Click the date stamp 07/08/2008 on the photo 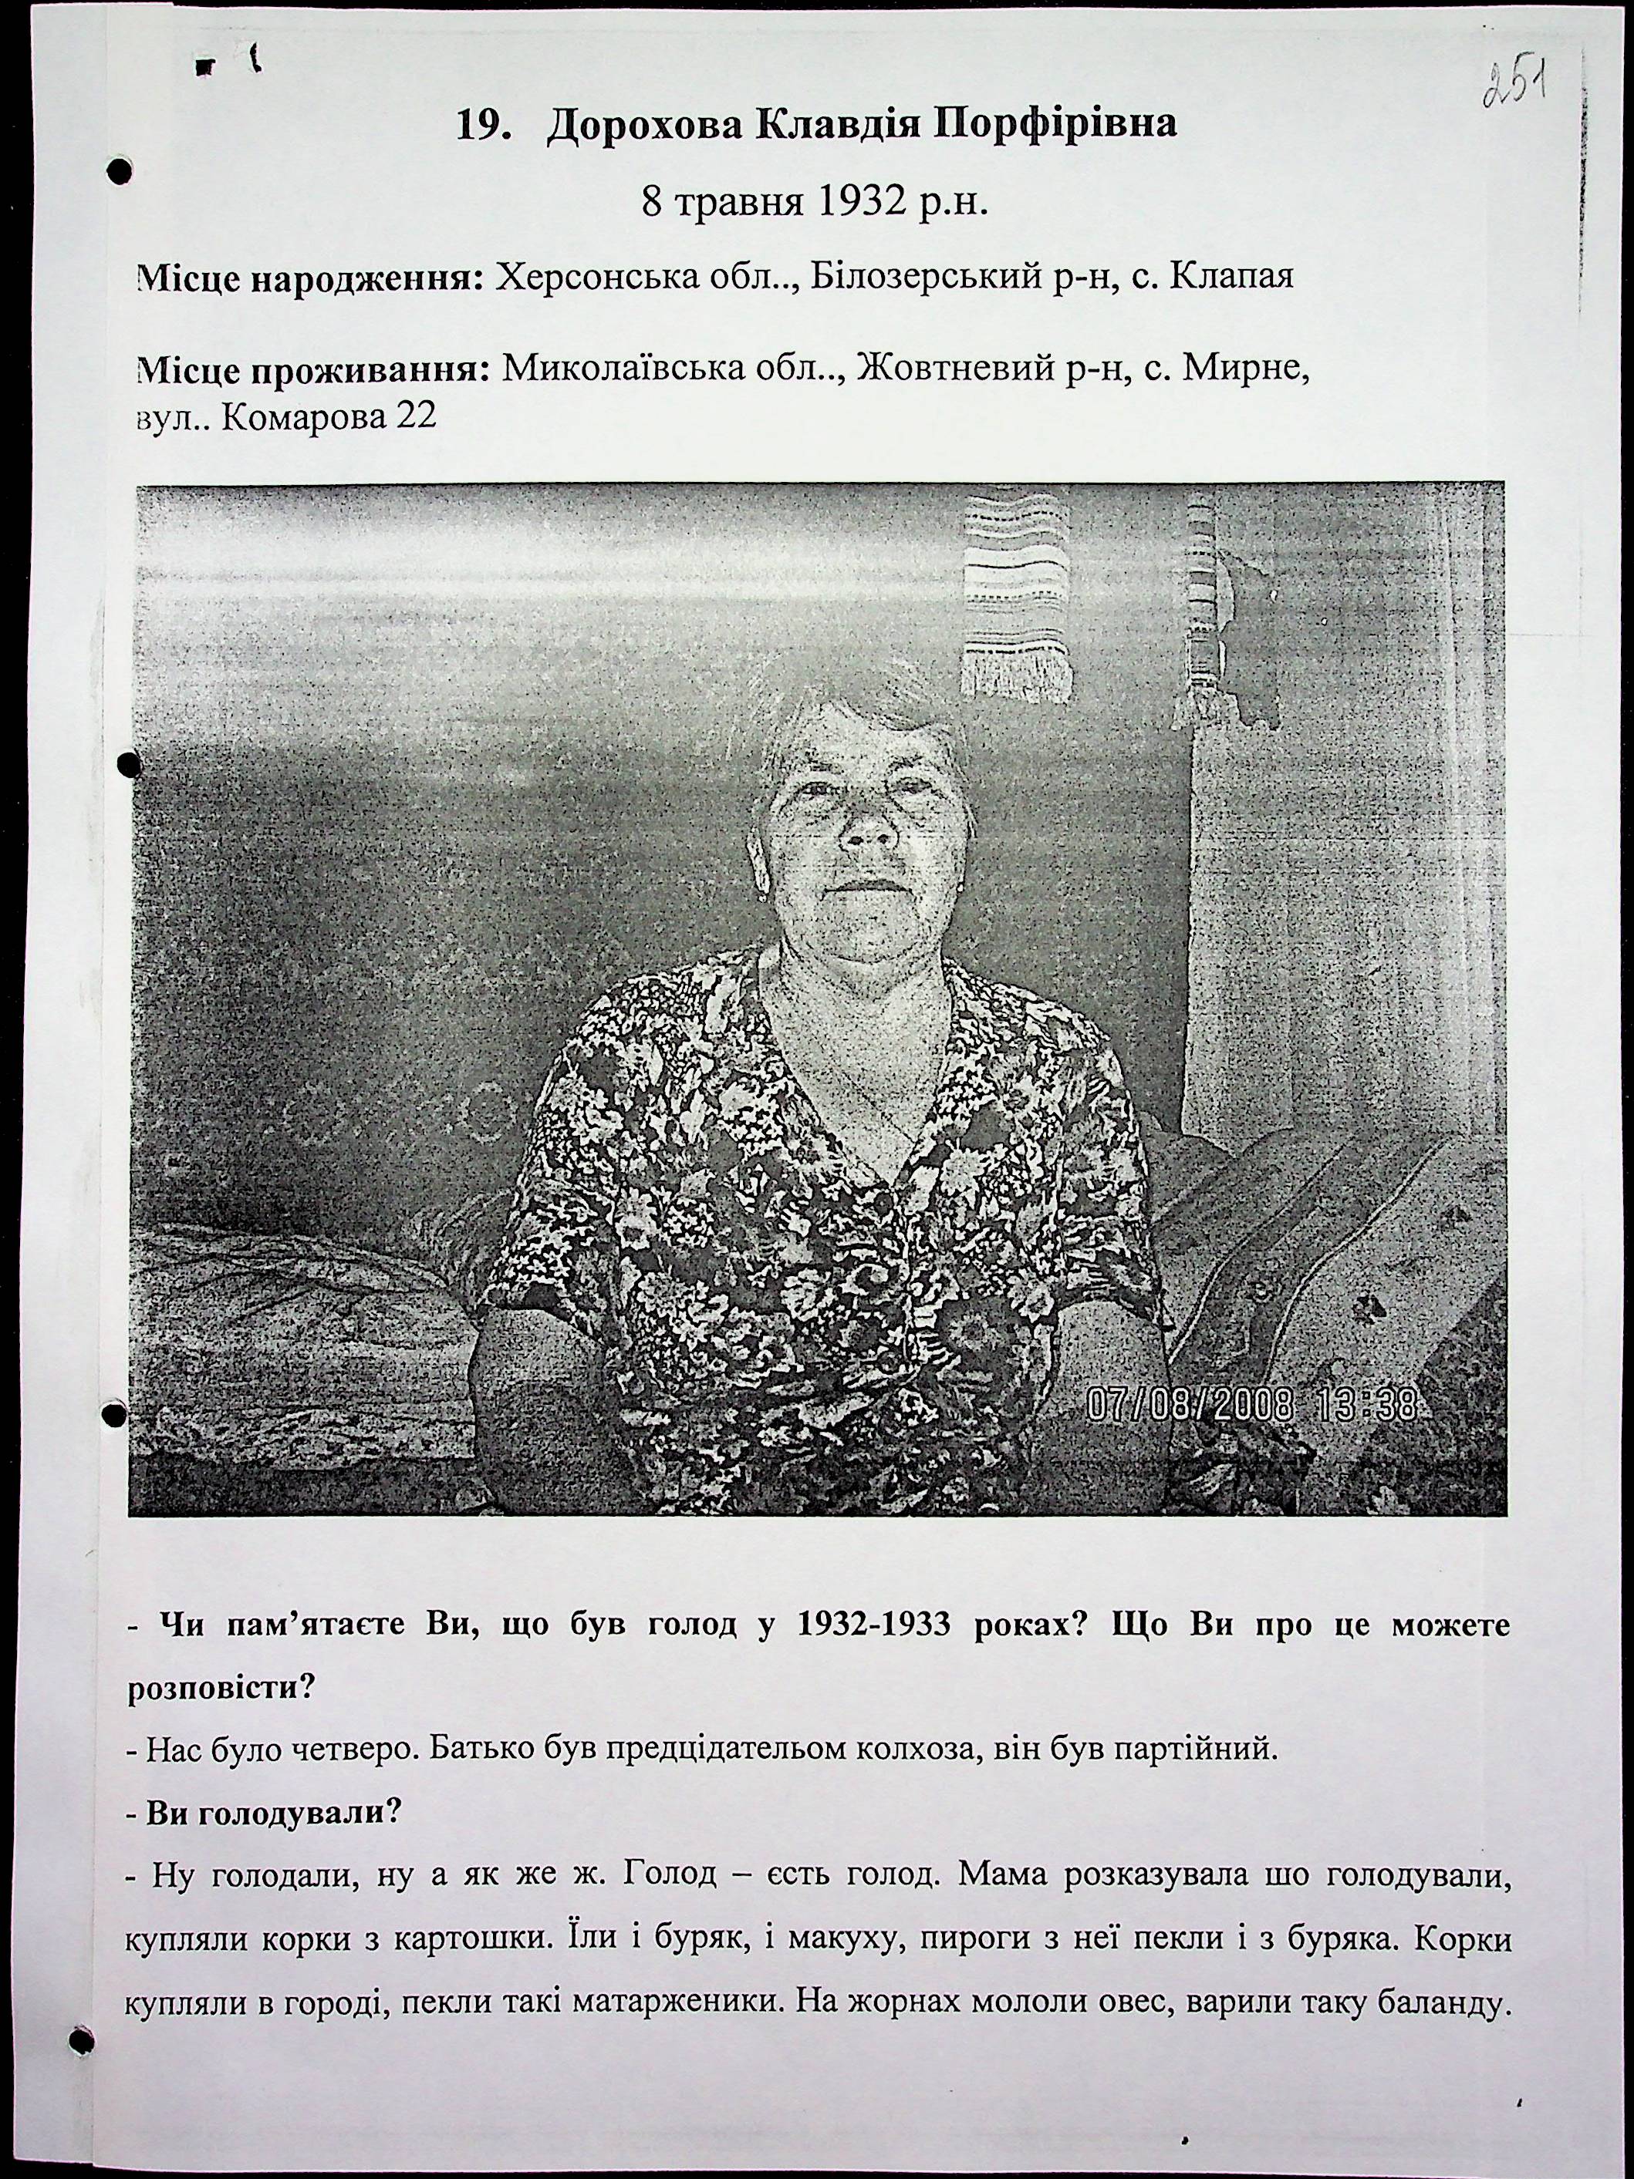click(1189, 1404)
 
